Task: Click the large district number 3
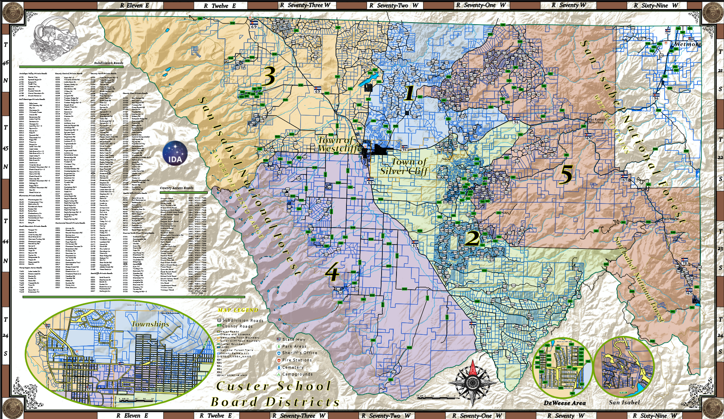[269, 76]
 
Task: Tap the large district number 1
[409, 93]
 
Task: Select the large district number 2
[472, 238]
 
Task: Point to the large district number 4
[332, 274]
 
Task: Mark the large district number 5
[567, 175]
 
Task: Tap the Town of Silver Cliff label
[404, 166]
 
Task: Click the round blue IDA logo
[175, 153]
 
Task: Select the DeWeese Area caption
[564, 403]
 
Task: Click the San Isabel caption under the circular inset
[624, 402]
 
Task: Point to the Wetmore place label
[687, 44]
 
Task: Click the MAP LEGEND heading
[238, 310]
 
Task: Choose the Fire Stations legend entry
[297, 360]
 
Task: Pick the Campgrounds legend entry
[297, 374]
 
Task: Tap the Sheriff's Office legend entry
[299, 353]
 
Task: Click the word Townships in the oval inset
[150, 324]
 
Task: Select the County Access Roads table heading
[177, 188]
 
